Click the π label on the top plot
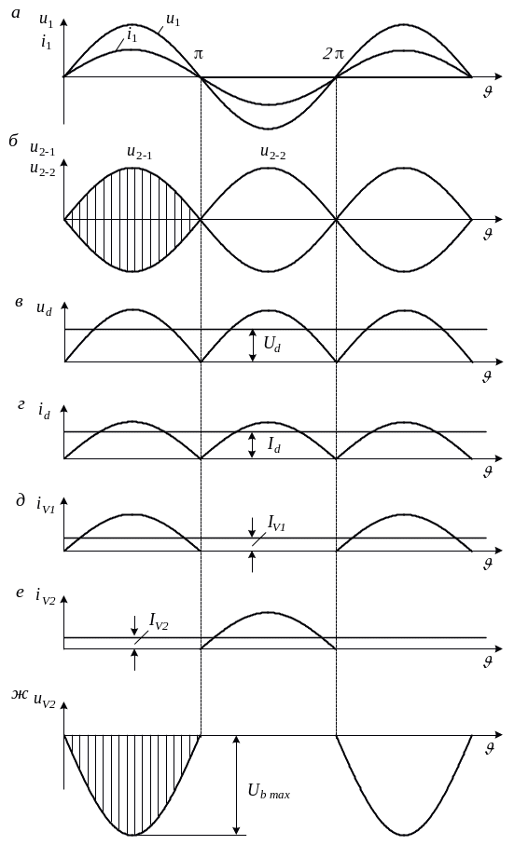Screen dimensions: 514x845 [x=198, y=54]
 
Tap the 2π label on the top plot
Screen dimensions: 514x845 [x=333, y=54]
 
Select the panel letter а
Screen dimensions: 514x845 [x=16, y=13]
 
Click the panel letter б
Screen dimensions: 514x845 [x=13, y=141]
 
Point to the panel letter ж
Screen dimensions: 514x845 [x=20, y=694]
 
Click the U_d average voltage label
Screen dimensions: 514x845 [x=271, y=344]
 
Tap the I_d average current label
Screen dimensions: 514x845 [x=274, y=445]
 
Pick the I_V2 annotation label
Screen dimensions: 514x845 [x=159, y=621]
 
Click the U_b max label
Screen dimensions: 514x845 [x=269, y=792]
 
